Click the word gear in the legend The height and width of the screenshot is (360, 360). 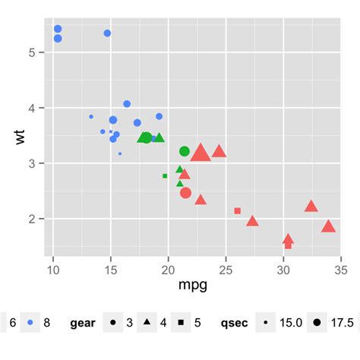point(83,323)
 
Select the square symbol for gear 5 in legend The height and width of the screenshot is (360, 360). point(183,323)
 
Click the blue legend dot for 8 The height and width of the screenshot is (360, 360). point(30,323)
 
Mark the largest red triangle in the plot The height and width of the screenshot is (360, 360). point(201,153)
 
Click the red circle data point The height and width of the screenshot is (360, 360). point(186,193)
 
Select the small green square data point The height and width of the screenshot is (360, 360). point(165,175)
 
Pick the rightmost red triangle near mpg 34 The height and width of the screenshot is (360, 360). point(328,226)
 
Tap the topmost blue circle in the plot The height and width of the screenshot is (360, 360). point(58,29)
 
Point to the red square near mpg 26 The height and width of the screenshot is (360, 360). point(237,210)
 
